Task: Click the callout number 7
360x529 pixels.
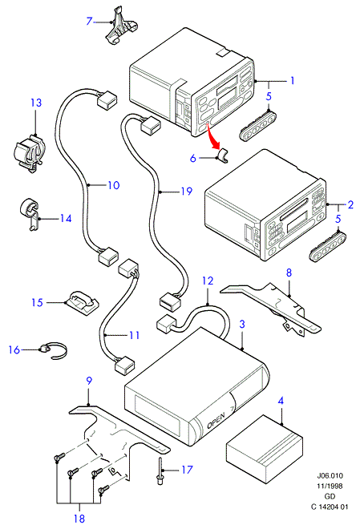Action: click(89, 22)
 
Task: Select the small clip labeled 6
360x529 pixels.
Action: click(222, 155)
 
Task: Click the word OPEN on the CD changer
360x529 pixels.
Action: click(216, 421)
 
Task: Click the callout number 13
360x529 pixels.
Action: click(36, 103)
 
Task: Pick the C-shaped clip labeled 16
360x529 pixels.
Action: click(55, 349)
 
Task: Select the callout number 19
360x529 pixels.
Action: click(187, 192)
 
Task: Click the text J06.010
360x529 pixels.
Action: click(330, 475)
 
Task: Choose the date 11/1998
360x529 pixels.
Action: click(330, 486)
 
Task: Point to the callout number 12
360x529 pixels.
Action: click(208, 281)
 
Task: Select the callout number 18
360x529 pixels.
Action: click(79, 519)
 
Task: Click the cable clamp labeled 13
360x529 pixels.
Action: click(28, 154)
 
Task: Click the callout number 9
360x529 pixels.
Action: click(89, 380)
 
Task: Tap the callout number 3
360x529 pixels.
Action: click(242, 325)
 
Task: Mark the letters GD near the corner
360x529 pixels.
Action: click(330, 496)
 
